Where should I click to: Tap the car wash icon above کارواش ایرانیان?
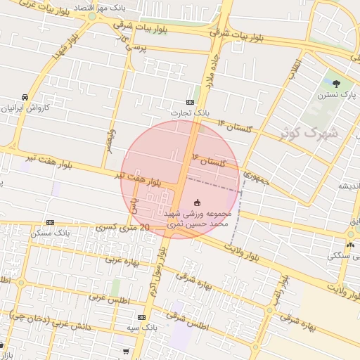click(25, 97)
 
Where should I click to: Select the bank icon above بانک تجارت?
click(191, 102)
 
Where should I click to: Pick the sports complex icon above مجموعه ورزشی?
click(197, 202)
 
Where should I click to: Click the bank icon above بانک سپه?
click(151, 318)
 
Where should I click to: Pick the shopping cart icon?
click(126, 350)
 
